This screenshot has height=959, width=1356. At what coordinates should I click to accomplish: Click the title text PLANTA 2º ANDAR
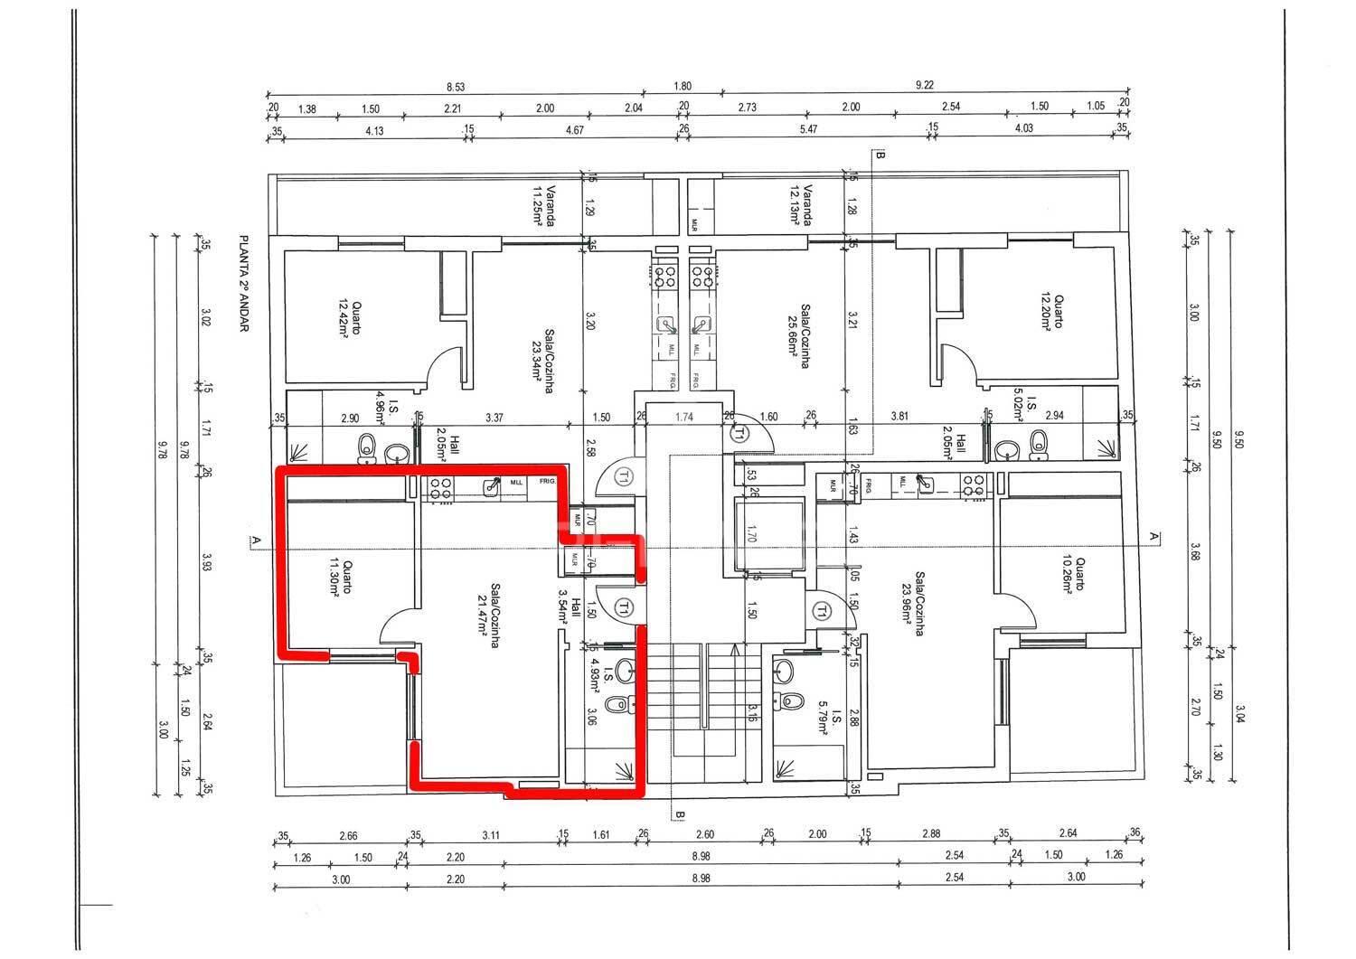(243, 286)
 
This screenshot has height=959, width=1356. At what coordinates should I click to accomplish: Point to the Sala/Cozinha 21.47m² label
(489, 616)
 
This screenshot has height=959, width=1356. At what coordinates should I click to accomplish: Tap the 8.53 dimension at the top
(456, 86)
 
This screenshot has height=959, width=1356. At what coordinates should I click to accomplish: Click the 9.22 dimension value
(925, 86)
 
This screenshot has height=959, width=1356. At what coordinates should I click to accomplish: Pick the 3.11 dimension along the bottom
(491, 834)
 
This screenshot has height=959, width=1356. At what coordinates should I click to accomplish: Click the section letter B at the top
(880, 155)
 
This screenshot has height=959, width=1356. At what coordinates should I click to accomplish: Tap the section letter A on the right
(1153, 536)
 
